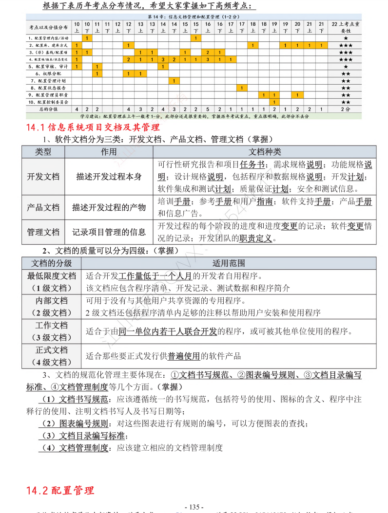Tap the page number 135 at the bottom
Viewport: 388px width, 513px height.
pyautogui.click(x=194, y=507)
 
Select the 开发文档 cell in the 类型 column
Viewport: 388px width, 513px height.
pyautogui.click(x=43, y=176)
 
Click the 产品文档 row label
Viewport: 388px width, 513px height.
pyautogui.click(x=43, y=207)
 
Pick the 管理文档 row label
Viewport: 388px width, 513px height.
pyautogui.click(x=43, y=232)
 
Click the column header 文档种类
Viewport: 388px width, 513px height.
pyautogui.click(x=265, y=152)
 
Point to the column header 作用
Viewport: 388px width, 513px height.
pyautogui.click(x=109, y=152)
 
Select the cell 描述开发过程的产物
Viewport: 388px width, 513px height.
pyautogui.click(x=109, y=207)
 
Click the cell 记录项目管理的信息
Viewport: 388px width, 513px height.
pyautogui.click(x=109, y=232)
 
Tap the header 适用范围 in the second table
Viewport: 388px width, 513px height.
pyautogui.click(x=229, y=263)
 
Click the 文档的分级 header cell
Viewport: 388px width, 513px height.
pyautogui.click(x=52, y=263)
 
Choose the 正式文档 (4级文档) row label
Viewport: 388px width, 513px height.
pyautogui.click(x=52, y=356)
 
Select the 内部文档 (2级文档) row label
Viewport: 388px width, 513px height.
pyautogui.click(x=52, y=307)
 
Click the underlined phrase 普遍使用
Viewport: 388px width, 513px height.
pyautogui.click(x=184, y=356)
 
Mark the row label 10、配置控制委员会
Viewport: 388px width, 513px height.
pyautogui.click(x=48, y=102)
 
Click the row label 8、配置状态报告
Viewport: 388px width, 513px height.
pyautogui.click(x=48, y=88)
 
